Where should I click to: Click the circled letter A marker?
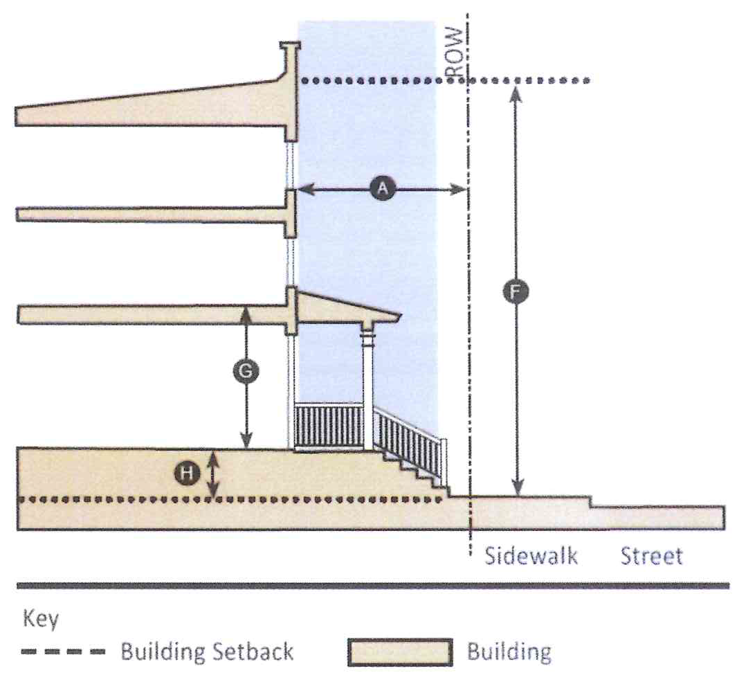tap(381, 188)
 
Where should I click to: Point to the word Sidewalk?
tap(531, 556)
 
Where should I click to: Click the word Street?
tap(651, 556)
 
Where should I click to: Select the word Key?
tap(41, 618)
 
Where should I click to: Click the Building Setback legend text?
tap(207, 651)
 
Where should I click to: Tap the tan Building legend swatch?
tap(400, 652)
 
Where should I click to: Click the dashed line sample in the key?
tap(64, 652)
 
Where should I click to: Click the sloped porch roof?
tap(346, 305)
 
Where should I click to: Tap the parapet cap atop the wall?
tap(290, 46)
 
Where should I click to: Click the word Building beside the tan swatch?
tap(509, 652)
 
